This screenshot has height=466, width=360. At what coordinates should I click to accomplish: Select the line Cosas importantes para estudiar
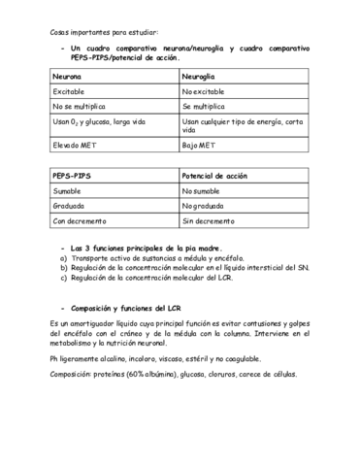108,32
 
